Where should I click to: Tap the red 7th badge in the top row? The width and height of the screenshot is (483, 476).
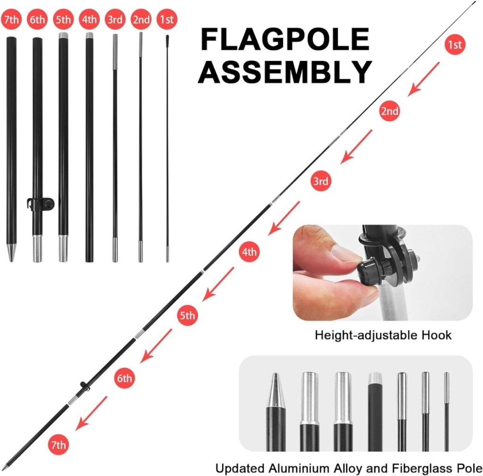click(x=11, y=20)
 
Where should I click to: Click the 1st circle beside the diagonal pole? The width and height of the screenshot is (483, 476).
click(x=454, y=45)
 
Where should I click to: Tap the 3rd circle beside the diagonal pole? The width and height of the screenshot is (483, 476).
click(x=320, y=181)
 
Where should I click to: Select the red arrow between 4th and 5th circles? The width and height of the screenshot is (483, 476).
click(x=218, y=284)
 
